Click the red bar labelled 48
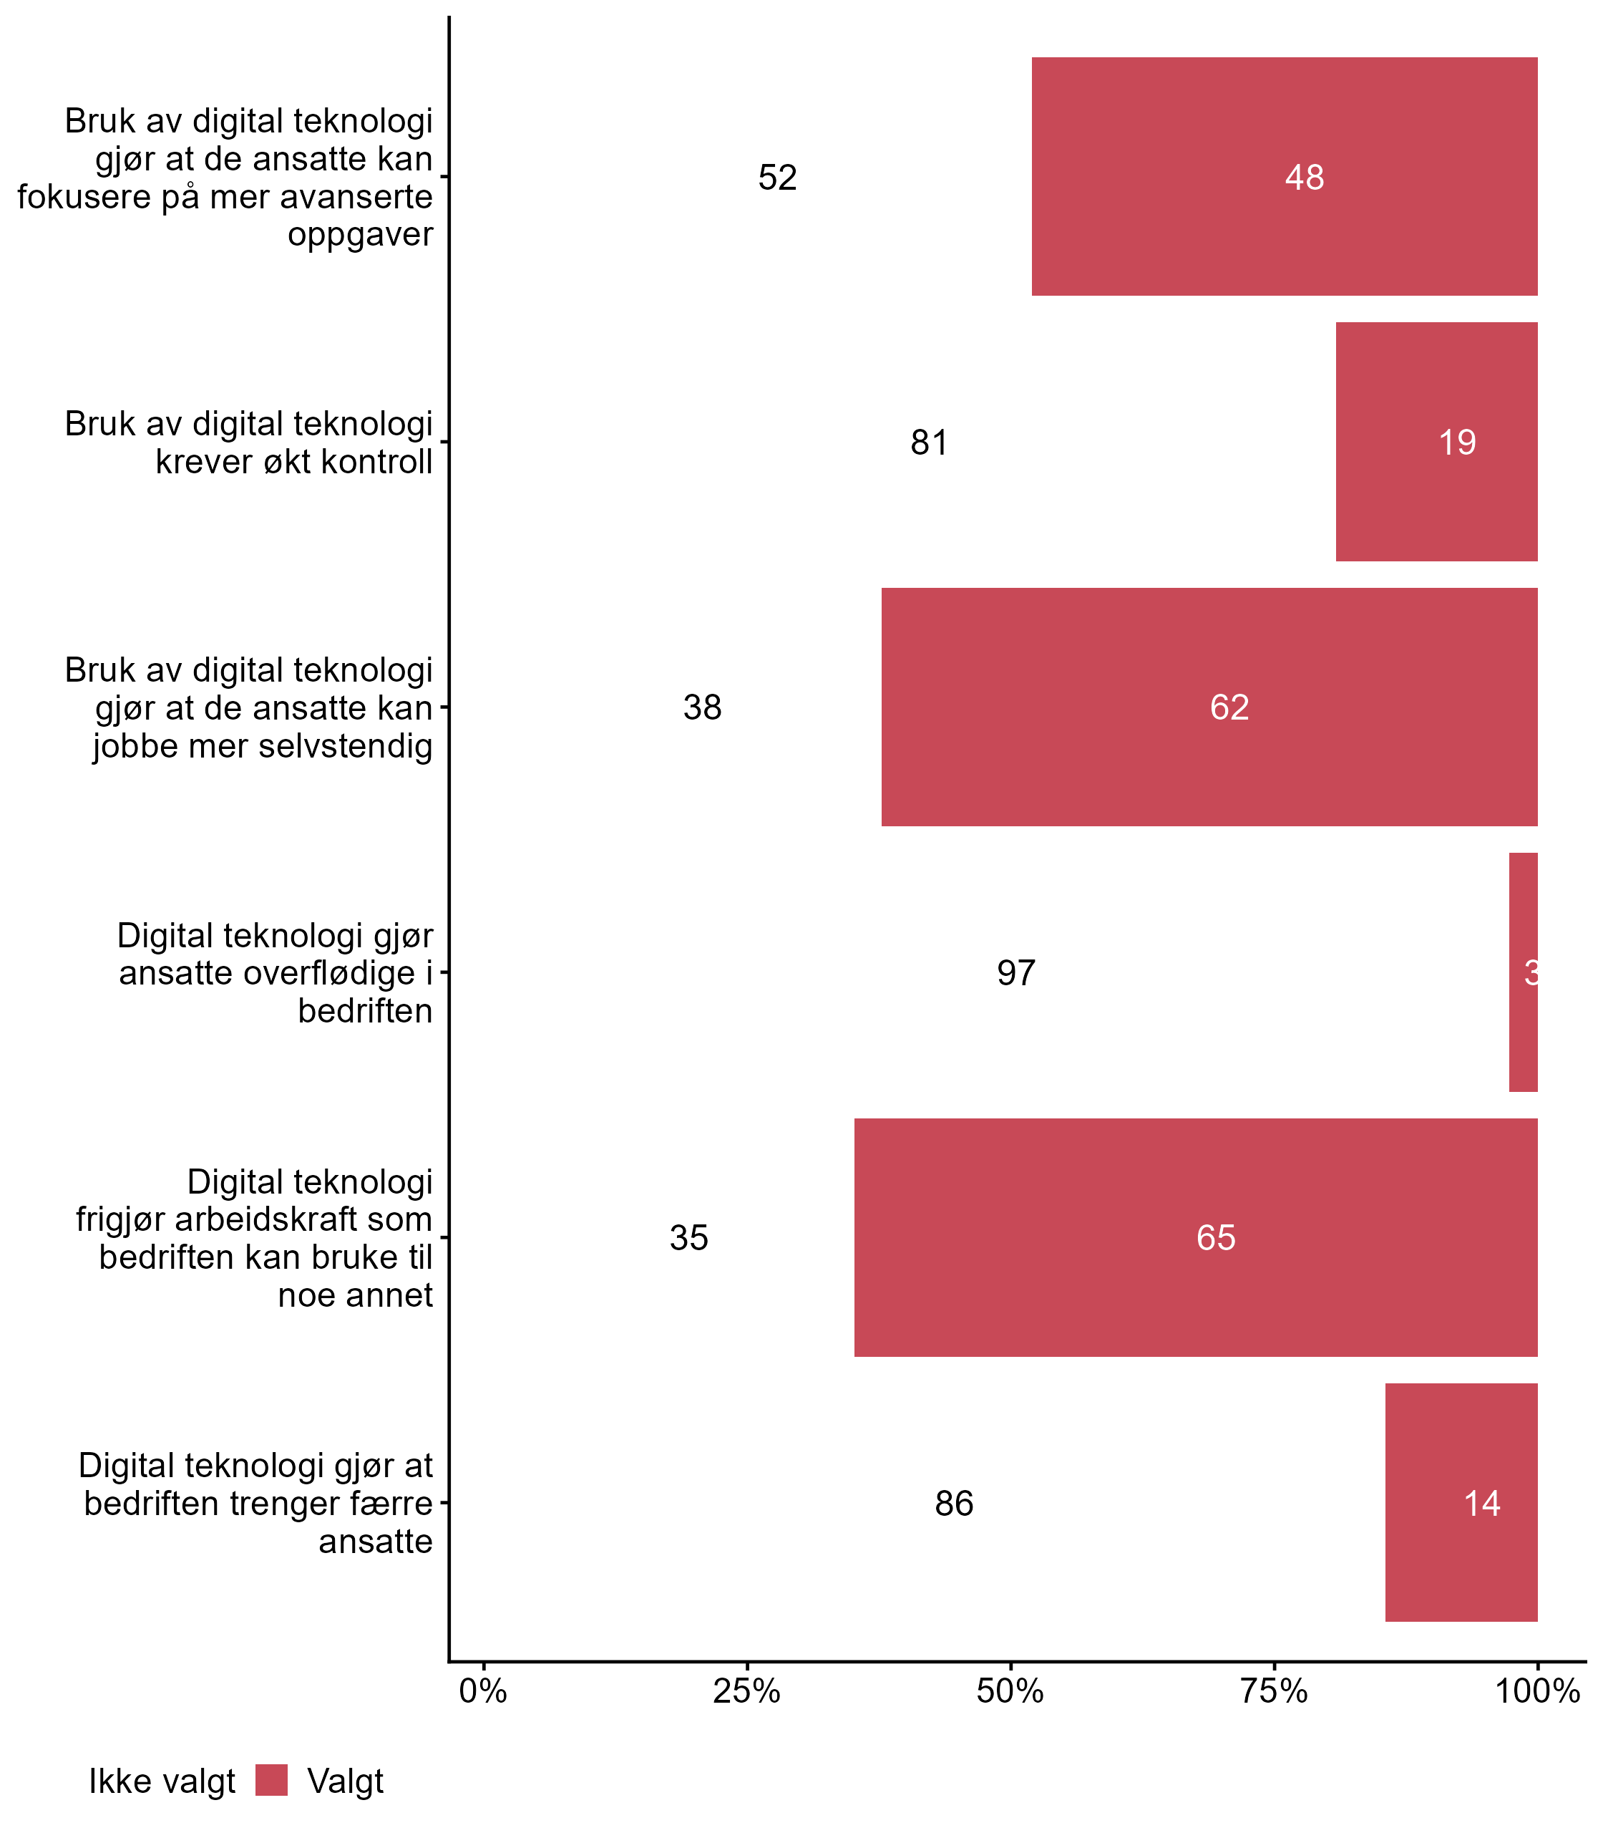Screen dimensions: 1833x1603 pos(1285,176)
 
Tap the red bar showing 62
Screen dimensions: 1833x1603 pos(1209,707)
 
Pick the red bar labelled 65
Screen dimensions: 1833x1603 pos(1196,1238)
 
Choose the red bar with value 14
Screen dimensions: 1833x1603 pos(1461,1503)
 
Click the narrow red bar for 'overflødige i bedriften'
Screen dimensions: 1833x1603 pos(1524,972)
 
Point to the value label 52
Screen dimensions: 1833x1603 pos(777,178)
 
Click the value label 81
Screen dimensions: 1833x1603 pos(930,442)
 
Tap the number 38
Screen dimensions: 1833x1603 pos(702,708)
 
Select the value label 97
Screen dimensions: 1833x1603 pos(1016,973)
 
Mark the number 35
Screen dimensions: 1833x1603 pos(688,1239)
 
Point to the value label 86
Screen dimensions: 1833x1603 pos(955,1504)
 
